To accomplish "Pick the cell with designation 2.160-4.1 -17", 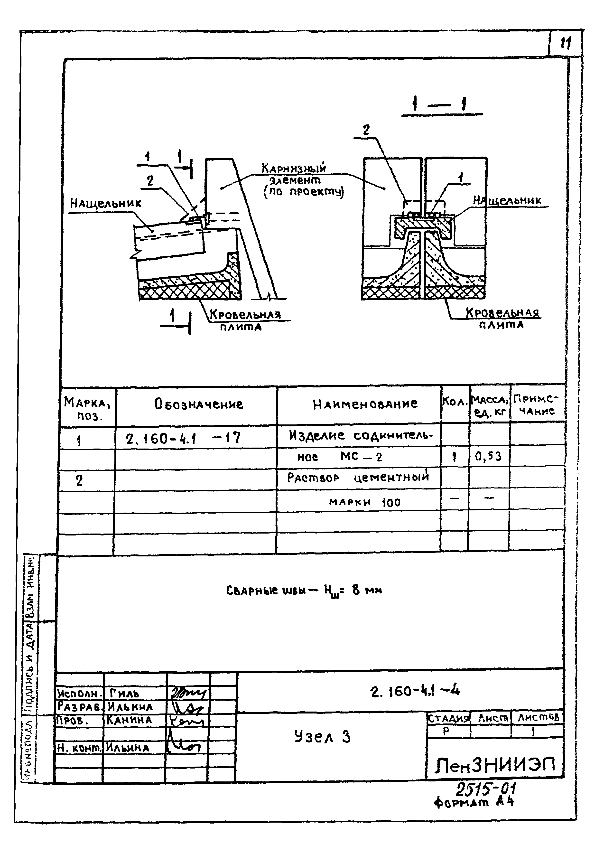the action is [183, 439].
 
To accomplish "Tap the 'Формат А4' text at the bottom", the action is [474, 802].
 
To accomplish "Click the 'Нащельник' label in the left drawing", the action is [106, 203].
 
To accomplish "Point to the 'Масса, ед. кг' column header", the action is [489, 405].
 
